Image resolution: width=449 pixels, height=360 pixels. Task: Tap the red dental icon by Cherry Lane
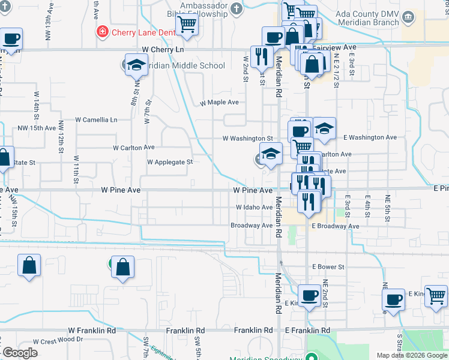[103, 31]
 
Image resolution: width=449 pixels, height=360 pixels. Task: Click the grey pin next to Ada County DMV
[409, 16]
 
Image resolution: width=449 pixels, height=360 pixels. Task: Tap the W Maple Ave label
[219, 103]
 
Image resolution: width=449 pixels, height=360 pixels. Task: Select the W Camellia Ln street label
[96, 119]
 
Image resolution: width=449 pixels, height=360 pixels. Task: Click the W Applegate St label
[170, 162]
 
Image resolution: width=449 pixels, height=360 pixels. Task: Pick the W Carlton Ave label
[134, 148]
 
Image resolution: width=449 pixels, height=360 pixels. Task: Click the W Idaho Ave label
[254, 208]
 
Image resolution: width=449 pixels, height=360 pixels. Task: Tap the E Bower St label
[328, 267]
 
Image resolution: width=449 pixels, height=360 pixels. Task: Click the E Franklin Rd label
[307, 331]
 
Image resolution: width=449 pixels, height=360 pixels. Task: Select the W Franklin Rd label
[92, 331]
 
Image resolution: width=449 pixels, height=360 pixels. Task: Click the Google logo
[20, 353]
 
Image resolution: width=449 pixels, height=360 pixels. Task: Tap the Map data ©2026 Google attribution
[411, 355]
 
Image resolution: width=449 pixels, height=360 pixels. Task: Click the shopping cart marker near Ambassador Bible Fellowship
[187, 25]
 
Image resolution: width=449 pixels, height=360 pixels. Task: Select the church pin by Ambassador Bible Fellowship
[237, 9]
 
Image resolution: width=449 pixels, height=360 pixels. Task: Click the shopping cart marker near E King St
[436, 296]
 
